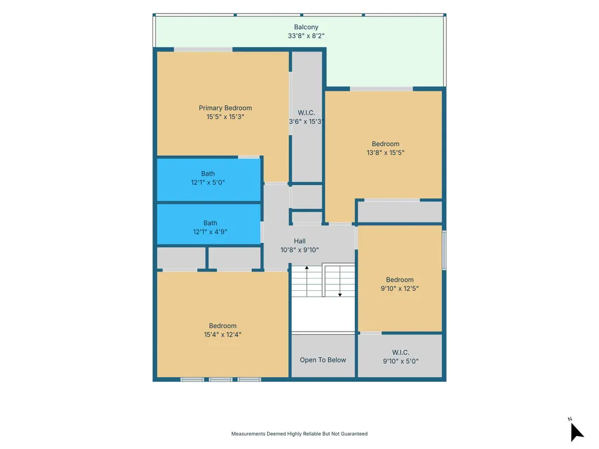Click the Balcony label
click(x=306, y=27)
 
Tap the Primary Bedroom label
click(x=226, y=108)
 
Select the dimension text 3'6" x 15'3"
click(x=306, y=121)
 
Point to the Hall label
click(x=299, y=241)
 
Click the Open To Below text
click(x=323, y=360)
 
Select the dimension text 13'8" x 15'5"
click(x=386, y=153)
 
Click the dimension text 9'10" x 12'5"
click(x=400, y=288)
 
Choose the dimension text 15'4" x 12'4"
click(x=223, y=335)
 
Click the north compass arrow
click(x=576, y=432)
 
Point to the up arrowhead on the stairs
click(x=307, y=268)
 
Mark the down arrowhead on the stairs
click(x=340, y=295)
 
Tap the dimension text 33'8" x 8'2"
click(x=306, y=36)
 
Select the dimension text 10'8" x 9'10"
click(x=299, y=250)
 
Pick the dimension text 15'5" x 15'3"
click(x=226, y=117)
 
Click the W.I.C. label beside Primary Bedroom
click(x=306, y=113)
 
